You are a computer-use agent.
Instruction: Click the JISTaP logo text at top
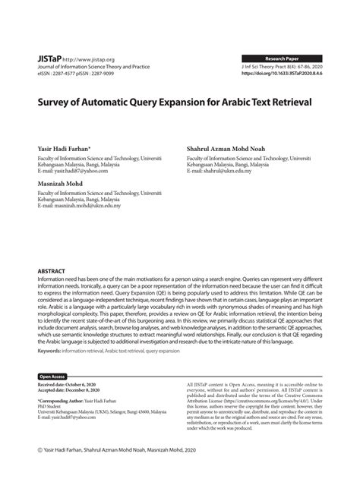pos(49,58)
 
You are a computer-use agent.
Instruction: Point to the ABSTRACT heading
pos(51,271)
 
